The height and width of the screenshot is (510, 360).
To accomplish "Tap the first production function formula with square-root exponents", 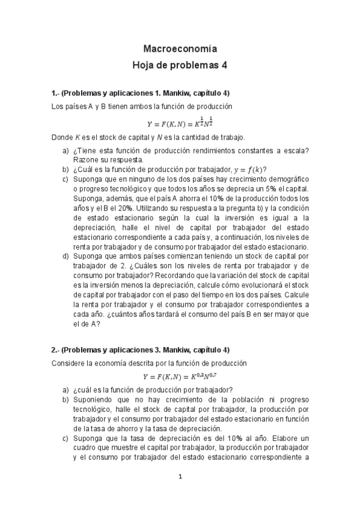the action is (180, 123).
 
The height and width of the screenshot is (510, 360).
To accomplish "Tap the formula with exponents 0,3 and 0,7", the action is (180, 376).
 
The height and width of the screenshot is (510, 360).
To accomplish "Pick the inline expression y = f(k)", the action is (248, 169).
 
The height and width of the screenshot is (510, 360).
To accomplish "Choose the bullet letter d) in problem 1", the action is (66, 256).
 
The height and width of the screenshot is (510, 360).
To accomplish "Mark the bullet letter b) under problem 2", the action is (66, 399).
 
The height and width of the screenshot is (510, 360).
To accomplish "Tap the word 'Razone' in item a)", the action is (88, 160).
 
